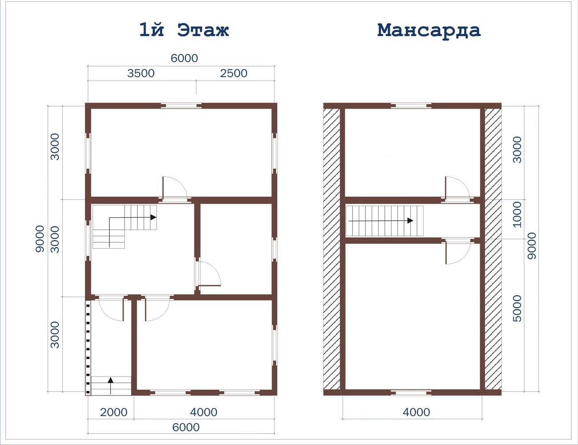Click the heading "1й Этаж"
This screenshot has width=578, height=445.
pyautogui.click(x=184, y=30)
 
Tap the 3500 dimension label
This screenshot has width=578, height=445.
pyautogui.click(x=141, y=73)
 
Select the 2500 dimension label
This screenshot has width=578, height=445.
pyautogui.click(x=234, y=73)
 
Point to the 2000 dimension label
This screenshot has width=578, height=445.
pyautogui.click(x=113, y=412)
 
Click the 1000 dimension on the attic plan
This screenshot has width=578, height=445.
pyautogui.click(x=517, y=214)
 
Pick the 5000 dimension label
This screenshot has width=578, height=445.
pyautogui.click(x=517, y=308)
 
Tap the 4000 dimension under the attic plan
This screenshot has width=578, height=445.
pyautogui.click(x=416, y=412)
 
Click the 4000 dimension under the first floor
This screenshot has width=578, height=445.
pyautogui.click(x=203, y=412)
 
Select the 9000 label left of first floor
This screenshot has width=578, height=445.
pyautogui.click(x=40, y=239)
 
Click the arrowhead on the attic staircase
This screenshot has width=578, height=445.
pyautogui.click(x=410, y=221)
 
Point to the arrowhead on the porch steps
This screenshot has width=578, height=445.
pyautogui.click(x=111, y=380)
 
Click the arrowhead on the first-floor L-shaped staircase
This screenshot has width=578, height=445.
pyautogui.click(x=153, y=217)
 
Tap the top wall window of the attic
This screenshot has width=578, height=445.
pyautogui.click(x=411, y=106)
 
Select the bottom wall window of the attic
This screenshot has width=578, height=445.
pyautogui.click(x=411, y=392)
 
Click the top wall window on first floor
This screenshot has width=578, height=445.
pyautogui.click(x=181, y=106)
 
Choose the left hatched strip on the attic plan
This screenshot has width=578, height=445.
pyautogui.click(x=331, y=249)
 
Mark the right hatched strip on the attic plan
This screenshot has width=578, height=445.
pyautogui.click(x=493, y=249)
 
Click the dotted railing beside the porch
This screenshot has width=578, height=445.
pyautogui.click(x=88, y=348)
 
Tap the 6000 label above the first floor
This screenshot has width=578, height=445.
pyautogui.click(x=184, y=58)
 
